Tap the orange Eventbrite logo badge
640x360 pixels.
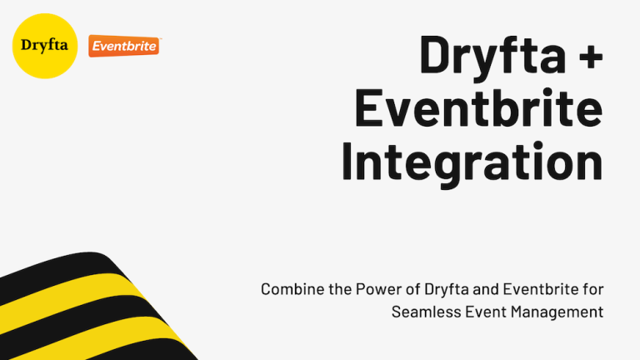pyautogui.click(x=123, y=47)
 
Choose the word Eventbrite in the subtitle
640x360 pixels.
pyautogui.click(x=539, y=290)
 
